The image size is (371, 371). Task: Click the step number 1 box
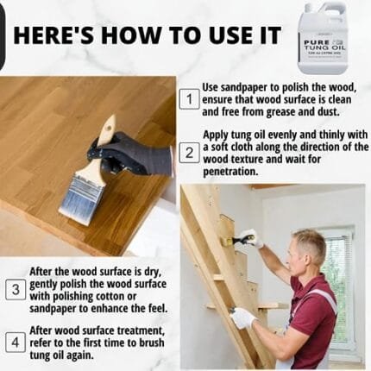pyautogui.click(x=189, y=99)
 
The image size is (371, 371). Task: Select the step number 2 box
pyautogui.click(x=189, y=153)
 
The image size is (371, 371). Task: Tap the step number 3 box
pyautogui.click(x=16, y=290)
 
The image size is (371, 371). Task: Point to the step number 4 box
pyautogui.click(x=16, y=343)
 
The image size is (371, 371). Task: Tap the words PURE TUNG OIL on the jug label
pyautogui.click(x=324, y=45)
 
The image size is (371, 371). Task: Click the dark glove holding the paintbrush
pyautogui.click(x=131, y=154)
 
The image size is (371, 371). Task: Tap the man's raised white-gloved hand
pyautogui.click(x=251, y=238)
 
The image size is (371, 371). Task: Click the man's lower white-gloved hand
pyautogui.click(x=243, y=318)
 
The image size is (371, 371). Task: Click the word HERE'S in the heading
pyautogui.click(x=53, y=35)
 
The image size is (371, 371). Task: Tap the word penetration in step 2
pyautogui.click(x=231, y=172)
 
